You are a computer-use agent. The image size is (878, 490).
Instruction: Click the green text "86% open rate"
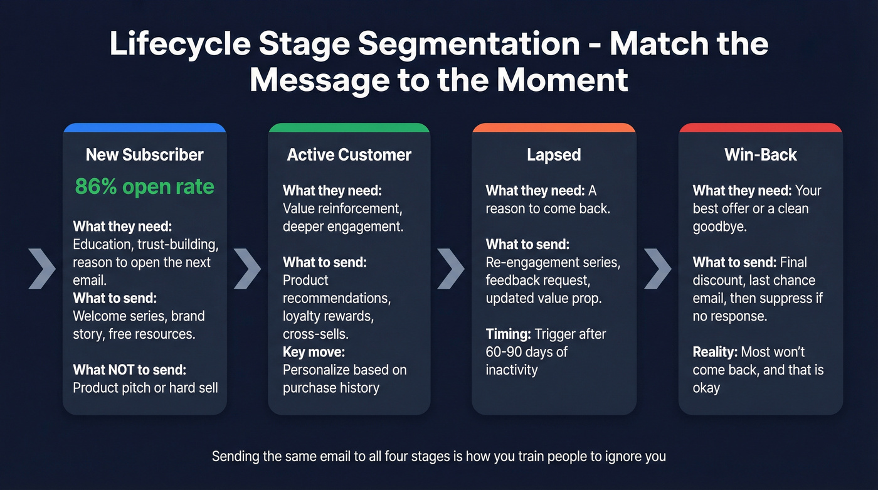pyautogui.click(x=144, y=186)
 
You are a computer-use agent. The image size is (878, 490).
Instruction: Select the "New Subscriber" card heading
pyautogui.click(x=144, y=154)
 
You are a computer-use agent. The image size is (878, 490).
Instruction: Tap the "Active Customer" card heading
pyautogui.click(x=349, y=154)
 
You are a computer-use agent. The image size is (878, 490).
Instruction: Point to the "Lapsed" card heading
pyautogui.click(x=554, y=154)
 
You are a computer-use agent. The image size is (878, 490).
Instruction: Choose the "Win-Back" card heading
pyautogui.click(x=760, y=154)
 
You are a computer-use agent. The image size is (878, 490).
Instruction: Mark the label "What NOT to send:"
pyautogui.click(x=129, y=370)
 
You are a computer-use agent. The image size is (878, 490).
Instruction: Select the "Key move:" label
pyautogui.click(x=314, y=352)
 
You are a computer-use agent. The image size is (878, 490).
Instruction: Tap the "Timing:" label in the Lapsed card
pyautogui.click(x=509, y=334)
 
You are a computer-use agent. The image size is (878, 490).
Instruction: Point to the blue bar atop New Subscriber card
pyautogui.click(x=144, y=128)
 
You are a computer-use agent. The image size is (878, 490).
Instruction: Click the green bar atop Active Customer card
pyautogui.click(x=349, y=128)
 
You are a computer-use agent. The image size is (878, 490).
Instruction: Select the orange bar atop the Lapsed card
pyautogui.click(x=554, y=128)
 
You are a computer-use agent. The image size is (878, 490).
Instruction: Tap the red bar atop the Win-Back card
pyautogui.click(x=760, y=128)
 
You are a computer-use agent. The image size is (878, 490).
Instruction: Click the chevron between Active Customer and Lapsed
pyautogui.click(x=451, y=268)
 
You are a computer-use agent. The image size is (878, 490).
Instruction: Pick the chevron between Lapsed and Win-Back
pyautogui.click(x=657, y=268)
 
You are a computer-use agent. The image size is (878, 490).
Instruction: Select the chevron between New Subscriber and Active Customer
pyautogui.click(x=247, y=268)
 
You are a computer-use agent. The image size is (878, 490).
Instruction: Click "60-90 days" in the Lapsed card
pyautogui.click(x=520, y=352)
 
